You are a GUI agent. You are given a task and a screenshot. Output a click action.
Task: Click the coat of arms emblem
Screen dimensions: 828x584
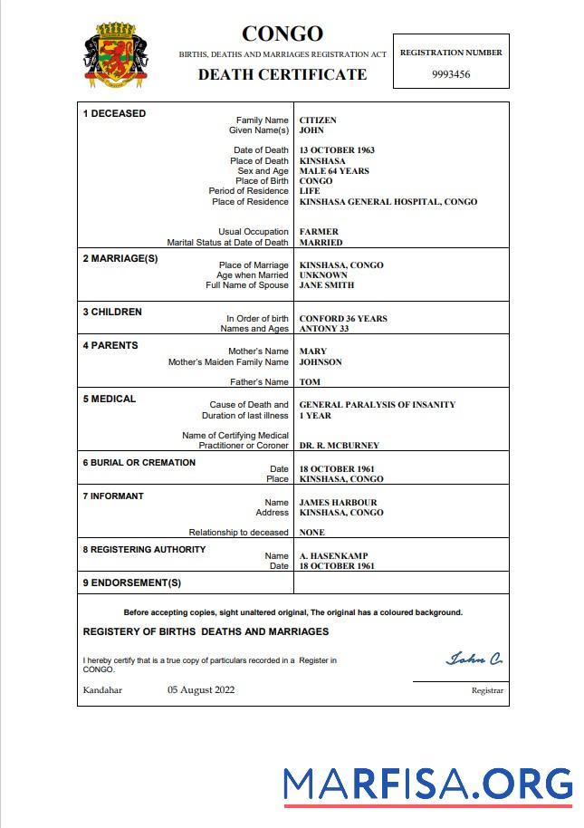(115, 55)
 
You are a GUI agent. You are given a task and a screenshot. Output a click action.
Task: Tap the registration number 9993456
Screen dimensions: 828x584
(451, 74)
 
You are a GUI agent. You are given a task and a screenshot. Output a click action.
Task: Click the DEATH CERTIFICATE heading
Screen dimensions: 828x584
(282, 74)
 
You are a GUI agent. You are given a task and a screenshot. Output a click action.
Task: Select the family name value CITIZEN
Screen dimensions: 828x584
(318, 120)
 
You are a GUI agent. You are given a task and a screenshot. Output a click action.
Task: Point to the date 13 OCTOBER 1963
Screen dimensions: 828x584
(337, 150)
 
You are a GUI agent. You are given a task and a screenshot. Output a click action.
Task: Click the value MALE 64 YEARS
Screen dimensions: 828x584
(334, 171)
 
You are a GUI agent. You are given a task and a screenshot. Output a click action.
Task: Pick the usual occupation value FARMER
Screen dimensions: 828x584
(320, 232)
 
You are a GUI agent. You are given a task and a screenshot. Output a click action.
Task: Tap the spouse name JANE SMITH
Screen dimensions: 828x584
(327, 285)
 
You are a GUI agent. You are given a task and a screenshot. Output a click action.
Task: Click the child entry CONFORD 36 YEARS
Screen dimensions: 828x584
(343, 319)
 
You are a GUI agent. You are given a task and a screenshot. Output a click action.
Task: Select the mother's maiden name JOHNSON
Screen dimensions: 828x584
(321, 362)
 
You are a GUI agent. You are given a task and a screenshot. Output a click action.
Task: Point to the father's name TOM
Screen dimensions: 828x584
(310, 382)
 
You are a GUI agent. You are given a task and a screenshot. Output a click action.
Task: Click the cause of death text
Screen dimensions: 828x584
(378, 405)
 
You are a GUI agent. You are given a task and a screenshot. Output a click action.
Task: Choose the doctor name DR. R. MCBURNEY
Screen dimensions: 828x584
(340, 446)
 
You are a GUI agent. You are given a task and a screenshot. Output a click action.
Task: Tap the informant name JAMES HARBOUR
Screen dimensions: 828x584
(338, 503)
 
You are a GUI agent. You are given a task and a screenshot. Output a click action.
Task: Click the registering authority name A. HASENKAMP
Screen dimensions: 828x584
(333, 556)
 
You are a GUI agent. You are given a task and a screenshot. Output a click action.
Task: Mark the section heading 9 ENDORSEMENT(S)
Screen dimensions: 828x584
(132, 582)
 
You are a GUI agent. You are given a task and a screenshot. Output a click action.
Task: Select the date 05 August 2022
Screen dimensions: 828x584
(201, 689)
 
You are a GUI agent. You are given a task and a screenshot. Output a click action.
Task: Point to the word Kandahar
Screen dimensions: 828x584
(102, 690)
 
